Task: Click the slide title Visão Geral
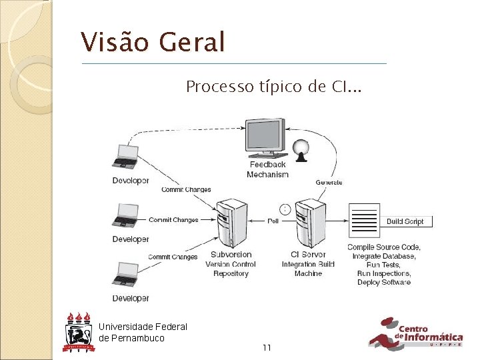pyautogui.click(x=153, y=43)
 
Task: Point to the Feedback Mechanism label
pyautogui.click(x=267, y=169)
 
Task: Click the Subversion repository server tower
pyautogui.click(x=231, y=223)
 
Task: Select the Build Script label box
pyautogui.click(x=405, y=221)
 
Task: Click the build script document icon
pyautogui.click(x=364, y=221)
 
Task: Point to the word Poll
pyautogui.click(x=273, y=221)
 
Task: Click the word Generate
pyautogui.click(x=329, y=182)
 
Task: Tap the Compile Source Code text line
pyautogui.click(x=383, y=247)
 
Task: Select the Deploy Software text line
pyautogui.click(x=383, y=282)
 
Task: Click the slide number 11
pyautogui.click(x=267, y=347)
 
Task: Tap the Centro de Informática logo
pyautogui.click(x=415, y=333)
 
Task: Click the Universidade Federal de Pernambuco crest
pyautogui.click(x=77, y=331)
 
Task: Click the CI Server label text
pyautogui.click(x=308, y=254)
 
